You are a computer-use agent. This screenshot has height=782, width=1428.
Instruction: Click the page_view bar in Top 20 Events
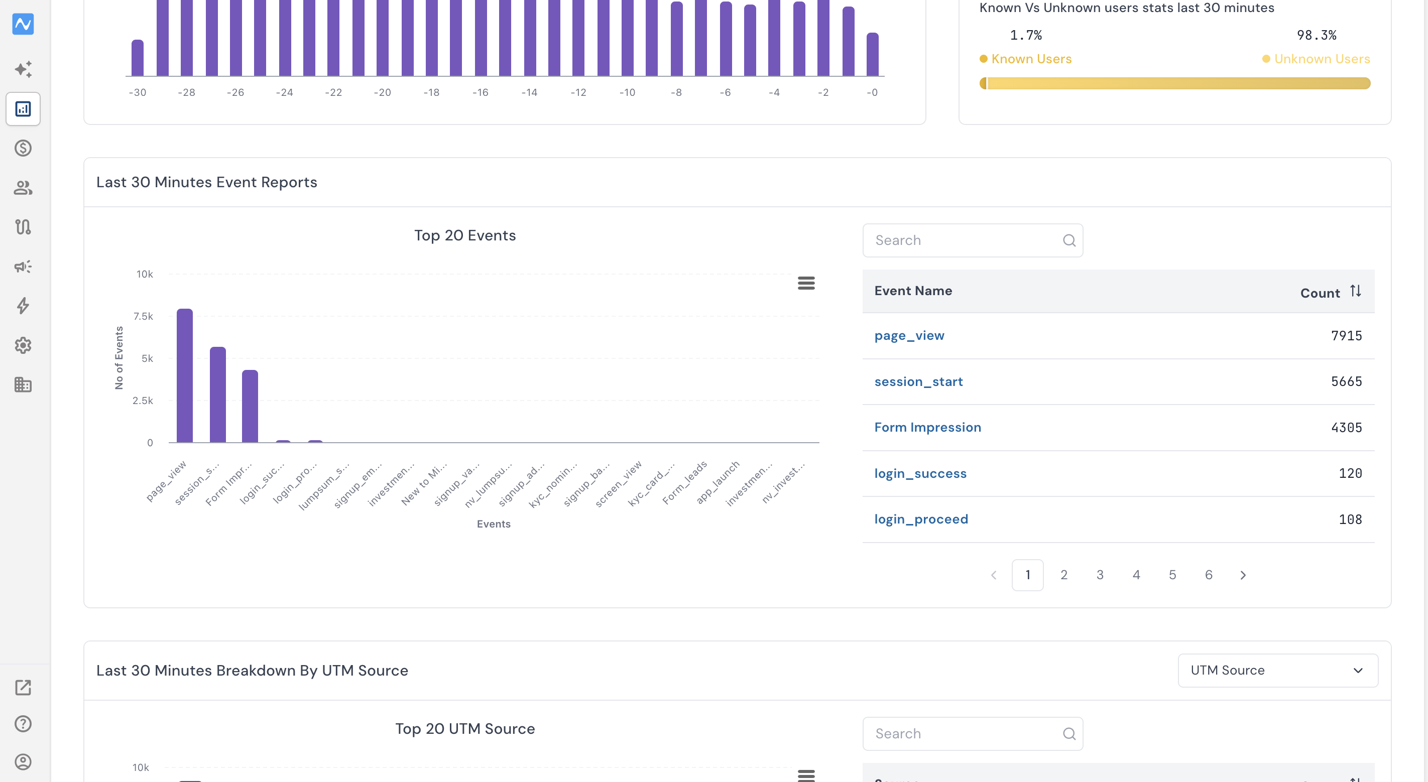pos(185,375)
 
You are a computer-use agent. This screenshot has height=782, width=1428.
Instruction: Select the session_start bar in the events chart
pos(218,395)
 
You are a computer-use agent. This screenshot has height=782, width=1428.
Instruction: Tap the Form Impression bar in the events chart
pos(250,406)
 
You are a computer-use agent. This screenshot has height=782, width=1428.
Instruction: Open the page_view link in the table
pos(909,336)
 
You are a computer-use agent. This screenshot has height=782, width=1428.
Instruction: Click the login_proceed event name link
pos(921,519)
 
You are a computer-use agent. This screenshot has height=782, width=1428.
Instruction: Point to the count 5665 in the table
pos(1347,381)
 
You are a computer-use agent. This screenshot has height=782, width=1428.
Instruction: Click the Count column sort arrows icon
pos(1355,291)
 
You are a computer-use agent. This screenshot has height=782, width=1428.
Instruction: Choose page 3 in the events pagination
pos(1100,575)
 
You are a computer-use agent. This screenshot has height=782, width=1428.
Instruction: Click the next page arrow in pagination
pos(1243,575)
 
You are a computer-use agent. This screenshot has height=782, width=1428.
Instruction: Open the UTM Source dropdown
pos(1278,671)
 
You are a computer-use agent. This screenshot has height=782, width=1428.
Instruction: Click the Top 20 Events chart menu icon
pos(806,283)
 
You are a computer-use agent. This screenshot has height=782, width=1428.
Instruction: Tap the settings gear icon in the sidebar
pos(23,345)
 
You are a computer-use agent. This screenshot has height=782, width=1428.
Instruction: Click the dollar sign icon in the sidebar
pos(23,148)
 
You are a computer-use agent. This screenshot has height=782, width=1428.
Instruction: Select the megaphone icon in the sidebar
pos(23,267)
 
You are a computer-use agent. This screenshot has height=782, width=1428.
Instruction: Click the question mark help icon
pos(23,724)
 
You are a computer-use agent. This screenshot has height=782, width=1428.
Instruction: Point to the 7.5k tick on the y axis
pos(143,316)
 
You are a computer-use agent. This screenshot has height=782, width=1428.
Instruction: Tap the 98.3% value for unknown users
pos(1317,36)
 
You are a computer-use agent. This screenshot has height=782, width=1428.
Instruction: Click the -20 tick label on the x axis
pos(382,92)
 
